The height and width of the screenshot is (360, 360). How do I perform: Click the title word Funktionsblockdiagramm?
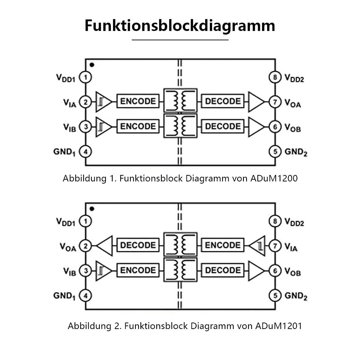(x=180, y=26)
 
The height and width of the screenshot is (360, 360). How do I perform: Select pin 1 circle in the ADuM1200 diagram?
(x=85, y=77)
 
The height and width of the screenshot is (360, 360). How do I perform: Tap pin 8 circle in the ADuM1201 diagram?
(x=275, y=221)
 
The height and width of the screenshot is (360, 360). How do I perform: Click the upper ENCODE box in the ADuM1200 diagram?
(x=138, y=101)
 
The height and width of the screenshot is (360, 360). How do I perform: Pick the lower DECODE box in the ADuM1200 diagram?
(x=223, y=126)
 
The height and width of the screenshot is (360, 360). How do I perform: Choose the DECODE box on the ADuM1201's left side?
(x=138, y=245)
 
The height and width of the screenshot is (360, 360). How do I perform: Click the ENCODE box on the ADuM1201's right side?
(x=223, y=245)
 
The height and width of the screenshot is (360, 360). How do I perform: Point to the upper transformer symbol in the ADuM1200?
(x=180, y=100)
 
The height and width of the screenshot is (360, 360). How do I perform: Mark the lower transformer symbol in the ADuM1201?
(x=180, y=270)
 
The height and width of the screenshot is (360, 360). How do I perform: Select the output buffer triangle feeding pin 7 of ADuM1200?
(x=256, y=102)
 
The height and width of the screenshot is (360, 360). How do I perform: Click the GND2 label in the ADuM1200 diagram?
(x=296, y=152)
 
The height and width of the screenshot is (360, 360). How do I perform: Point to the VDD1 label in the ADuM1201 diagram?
(x=66, y=222)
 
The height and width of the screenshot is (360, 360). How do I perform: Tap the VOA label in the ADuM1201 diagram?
(x=68, y=247)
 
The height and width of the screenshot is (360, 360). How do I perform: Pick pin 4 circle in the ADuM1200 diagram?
(x=85, y=152)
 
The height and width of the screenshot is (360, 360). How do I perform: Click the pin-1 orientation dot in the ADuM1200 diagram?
(x=92, y=65)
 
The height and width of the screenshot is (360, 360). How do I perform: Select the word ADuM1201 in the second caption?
(x=279, y=326)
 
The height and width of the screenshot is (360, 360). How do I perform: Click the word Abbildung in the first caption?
(x=85, y=179)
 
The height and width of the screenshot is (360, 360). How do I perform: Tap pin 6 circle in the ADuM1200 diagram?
(x=275, y=127)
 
